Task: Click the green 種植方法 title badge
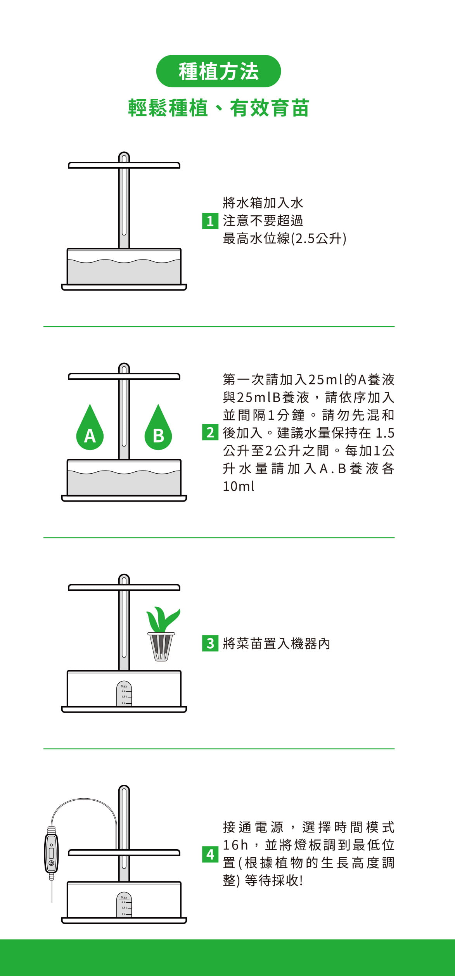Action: tap(218, 71)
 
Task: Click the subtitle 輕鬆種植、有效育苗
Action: tap(218, 108)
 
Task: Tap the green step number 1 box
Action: tap(210, 221)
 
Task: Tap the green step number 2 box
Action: tap(210, 432)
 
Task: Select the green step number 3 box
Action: tap(210, 643)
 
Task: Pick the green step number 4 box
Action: tap(210, 854)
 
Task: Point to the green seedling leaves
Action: tap(163, 620)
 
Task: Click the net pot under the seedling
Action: tap(161, 647)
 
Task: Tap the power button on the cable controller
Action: tap(51, 863)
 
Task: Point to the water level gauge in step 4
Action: tap(124, 905)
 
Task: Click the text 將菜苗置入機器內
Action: tap(277, 644)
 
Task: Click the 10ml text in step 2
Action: tap(239, 486)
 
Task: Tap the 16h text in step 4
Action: tap(235, 844)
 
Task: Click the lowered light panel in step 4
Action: tap(124, 853)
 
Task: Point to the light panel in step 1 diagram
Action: tap(124, 165)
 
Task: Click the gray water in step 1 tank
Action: tap(124, 272)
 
